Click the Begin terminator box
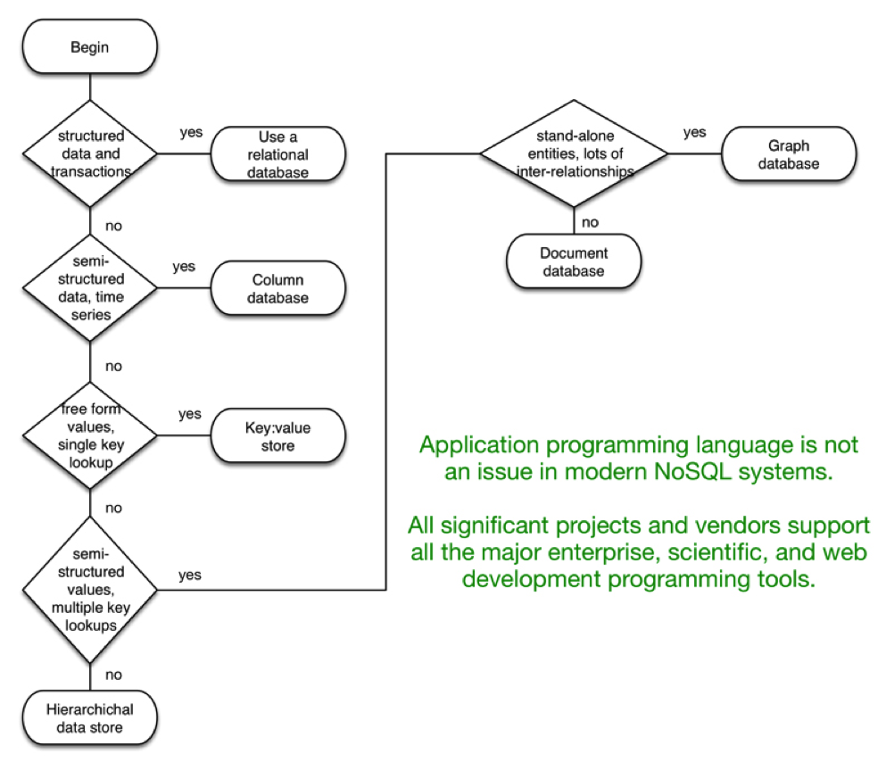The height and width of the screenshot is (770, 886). pyautogui.click(x=90, y=46)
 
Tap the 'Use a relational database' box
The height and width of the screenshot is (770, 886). pyautogui.click(x=277, y=153)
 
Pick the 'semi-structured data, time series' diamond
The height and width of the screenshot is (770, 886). pyautogui.click(x=90, y=287)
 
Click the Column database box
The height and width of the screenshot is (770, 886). pyautogui.click(x=277, y=287)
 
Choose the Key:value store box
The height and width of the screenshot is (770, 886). pyautogui.click(x=277, y=435)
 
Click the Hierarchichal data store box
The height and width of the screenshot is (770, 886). pyautogui.click(x=90, y=718)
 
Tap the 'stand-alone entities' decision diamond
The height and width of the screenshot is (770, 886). pyautogui.click(x=574, y=153)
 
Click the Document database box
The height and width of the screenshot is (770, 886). pyautogui.click(x=574, y=262)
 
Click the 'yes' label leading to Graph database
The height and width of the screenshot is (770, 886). pyautogui.click(x=694, y=133)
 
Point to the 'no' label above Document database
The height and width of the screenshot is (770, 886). pyautogui.click(x=590, y=220)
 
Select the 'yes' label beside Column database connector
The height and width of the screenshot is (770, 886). pyautogui.click(x=183, y=267)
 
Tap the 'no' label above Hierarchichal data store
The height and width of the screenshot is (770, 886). pyautogui.click(x=113, y=675)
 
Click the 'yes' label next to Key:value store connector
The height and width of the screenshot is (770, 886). pyautogui.click(x=189, y=414)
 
